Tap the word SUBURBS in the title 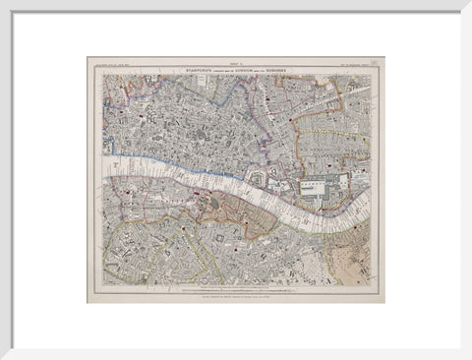(294, 69)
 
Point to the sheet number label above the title (235, 63)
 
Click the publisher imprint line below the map (235, 295)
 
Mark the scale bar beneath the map (235, 290)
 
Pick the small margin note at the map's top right (356, 69)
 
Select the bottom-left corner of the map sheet (88, 302)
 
